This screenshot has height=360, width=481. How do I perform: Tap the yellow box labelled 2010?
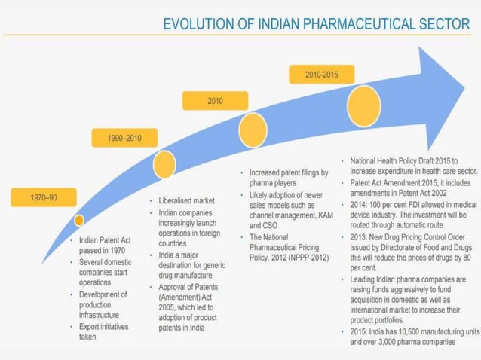point(215,101)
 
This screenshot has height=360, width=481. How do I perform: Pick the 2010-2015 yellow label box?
point(321,75)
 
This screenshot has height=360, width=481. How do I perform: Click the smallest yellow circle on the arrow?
point(78,220)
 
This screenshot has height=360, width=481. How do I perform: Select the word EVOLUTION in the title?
point(198,24)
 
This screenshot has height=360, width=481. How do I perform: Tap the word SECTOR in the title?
point(444,24)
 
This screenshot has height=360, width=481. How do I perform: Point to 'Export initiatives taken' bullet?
point(104,332)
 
